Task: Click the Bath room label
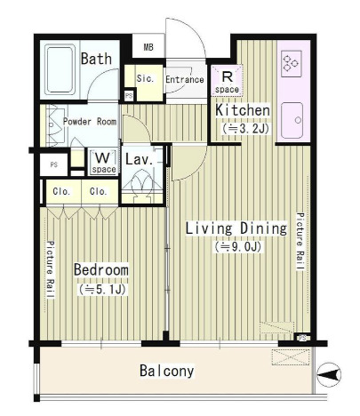point(96,59)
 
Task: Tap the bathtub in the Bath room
point(60,69)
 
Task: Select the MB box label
point(148,47)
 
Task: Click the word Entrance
point(185,79)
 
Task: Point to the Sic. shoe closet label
point(145,78)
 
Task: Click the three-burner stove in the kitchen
point(292,64)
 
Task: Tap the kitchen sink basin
point(292,121)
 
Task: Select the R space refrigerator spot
point(227,81)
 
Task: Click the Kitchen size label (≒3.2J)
point(246,129)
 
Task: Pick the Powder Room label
point(90,122)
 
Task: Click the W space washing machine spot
point(104,162)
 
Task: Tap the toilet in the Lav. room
point(142,186)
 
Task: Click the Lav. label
point(140,159)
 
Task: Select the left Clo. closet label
point(61,191)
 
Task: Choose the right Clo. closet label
point(98,191)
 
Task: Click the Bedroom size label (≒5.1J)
point(102,290)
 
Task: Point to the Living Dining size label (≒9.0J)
point(238,246)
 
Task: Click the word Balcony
point(167,371)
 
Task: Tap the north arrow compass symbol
point(329,375)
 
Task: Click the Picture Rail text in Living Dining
point(300,242)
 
